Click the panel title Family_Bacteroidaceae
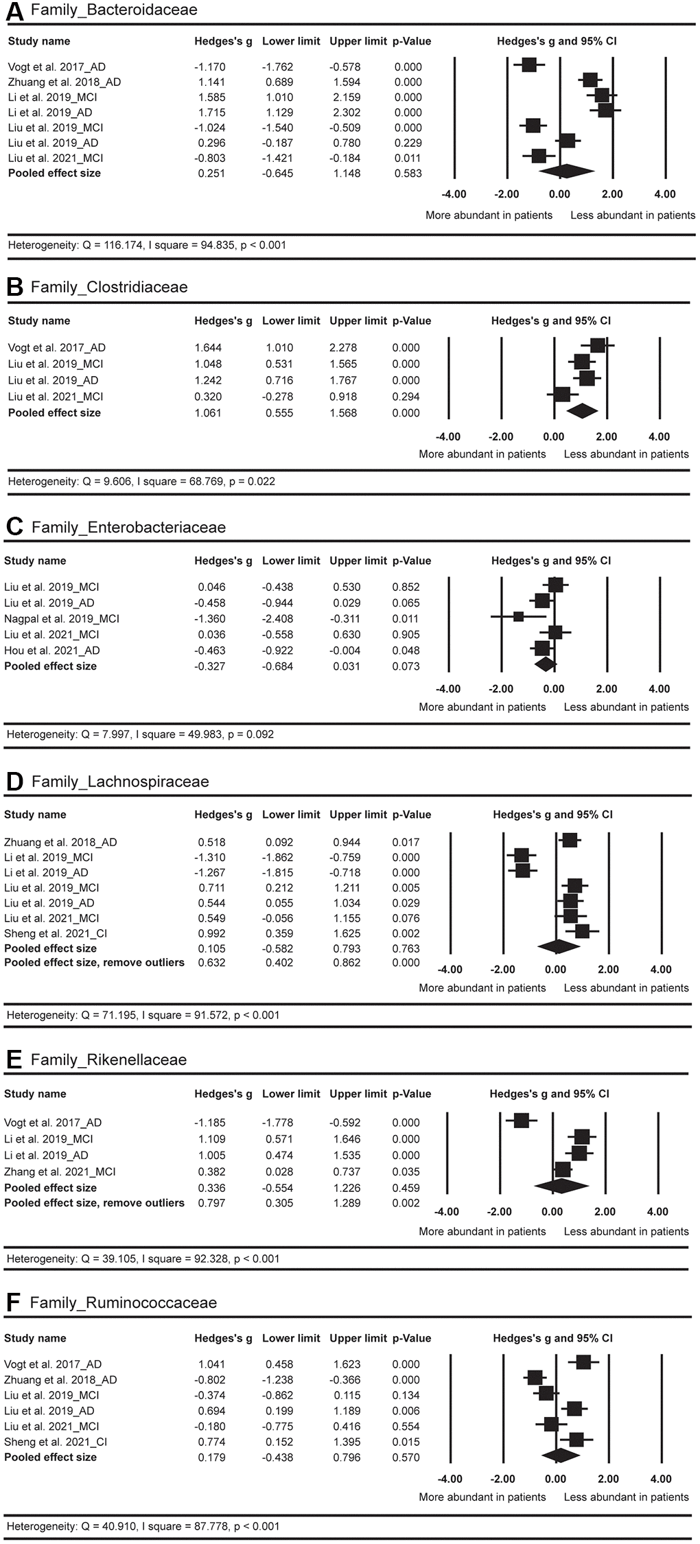(114, 10)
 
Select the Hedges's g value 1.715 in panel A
(210, 113)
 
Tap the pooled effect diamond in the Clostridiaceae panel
(581, 412)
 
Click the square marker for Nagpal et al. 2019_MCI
(519, 616)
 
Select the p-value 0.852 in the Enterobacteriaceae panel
(406, 587)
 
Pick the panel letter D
(14, 782)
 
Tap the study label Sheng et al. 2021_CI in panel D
(56, 933)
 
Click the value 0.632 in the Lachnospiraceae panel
(211, 963)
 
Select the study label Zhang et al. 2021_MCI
(60, 1171)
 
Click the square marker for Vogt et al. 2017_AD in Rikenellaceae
(521, 1121)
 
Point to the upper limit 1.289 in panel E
(345, 1203)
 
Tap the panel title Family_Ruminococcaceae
(124, 1303)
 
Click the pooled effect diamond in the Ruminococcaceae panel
(560, 1456)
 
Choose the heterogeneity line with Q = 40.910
(143, 1526)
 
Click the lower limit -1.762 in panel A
(277, 67)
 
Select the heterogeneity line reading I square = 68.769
(141, 482)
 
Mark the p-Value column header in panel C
(412, 561)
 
